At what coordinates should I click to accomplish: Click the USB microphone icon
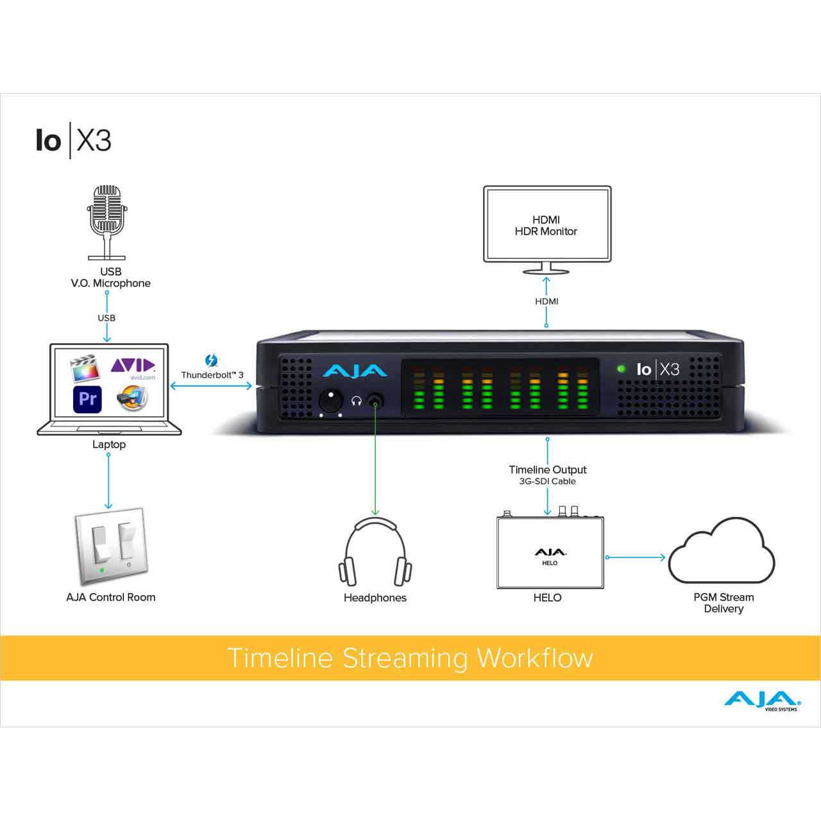[106, 221]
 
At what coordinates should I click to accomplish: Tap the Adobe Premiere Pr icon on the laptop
[87, 399]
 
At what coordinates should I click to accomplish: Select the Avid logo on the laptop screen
[133, 366]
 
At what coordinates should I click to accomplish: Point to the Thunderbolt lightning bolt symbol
[212, 360]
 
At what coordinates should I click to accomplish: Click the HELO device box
[550, 554]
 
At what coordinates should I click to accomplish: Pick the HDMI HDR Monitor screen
[546, 224]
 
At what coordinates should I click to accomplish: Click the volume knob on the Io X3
[330, 401]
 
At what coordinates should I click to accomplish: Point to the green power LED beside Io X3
[621, 369]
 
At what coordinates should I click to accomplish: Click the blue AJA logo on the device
[355, 371]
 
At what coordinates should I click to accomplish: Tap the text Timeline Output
[547, 470]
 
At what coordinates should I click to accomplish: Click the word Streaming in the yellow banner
[405, 658]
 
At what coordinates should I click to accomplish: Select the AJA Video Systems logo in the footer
[762, 700]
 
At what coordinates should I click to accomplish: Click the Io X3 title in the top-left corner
[74, 140]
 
